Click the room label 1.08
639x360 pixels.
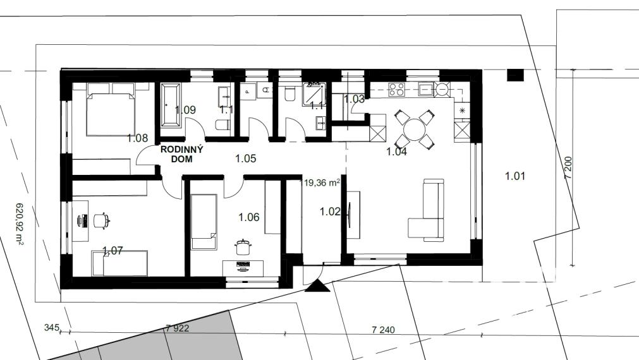[137, 138]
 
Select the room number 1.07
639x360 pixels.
[113, 251]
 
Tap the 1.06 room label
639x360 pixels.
[248, 217]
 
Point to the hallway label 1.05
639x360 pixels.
[245, 159]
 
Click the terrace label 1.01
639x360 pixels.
[515, 176]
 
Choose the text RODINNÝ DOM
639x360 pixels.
[181, 155]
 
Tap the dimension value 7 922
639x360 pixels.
[177, 328]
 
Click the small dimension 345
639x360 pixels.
[51, 328]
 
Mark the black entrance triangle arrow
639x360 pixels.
[317, 287]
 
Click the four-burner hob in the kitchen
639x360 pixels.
[397, 90]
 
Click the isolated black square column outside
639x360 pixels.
[516, 75]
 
